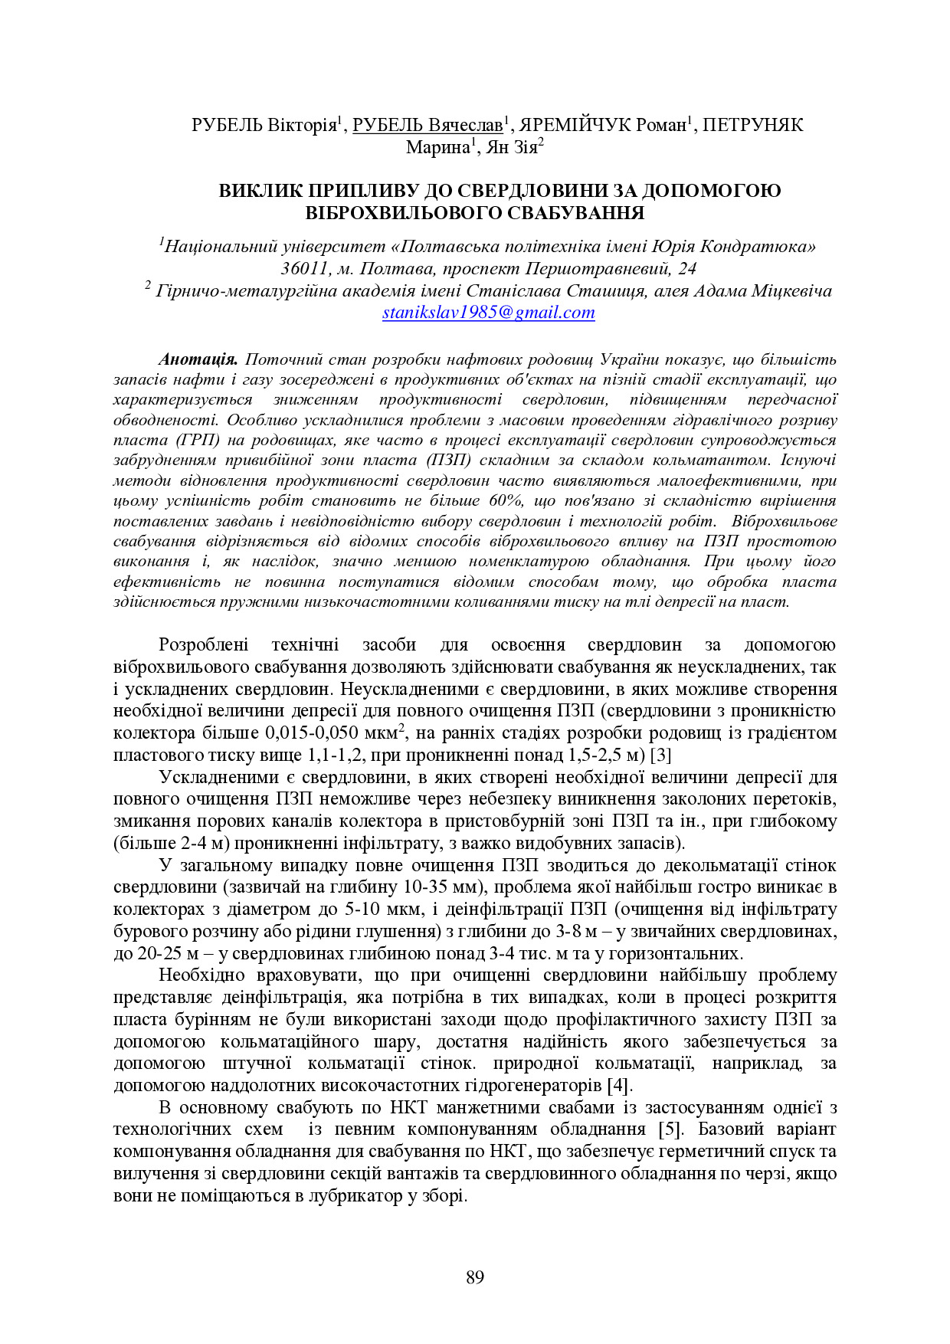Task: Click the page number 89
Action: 474,1277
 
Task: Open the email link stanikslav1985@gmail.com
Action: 489,313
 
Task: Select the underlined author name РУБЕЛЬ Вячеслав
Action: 427,125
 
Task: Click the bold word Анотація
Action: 198,359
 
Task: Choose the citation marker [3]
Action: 660,755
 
